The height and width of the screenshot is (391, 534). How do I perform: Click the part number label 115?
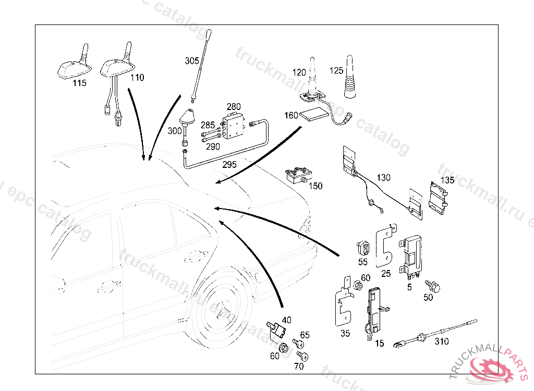[x=79, y=82]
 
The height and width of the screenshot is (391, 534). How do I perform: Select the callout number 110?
[x=137, y=78]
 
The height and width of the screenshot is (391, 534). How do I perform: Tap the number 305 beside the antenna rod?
[x=191, y=61]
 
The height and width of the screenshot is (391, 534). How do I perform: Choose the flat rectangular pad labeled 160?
[x=316, y=114]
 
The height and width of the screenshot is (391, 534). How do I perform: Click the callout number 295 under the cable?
[x=229, y=164]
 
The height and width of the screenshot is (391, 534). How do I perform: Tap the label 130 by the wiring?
[x=383, y=178]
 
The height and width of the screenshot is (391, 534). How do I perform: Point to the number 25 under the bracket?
[x=386, y=273]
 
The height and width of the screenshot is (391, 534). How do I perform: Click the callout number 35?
[x=345, y=334]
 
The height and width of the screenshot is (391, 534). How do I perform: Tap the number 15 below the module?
[x=379, y=343]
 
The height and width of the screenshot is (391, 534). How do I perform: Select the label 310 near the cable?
[x=441, y=342]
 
